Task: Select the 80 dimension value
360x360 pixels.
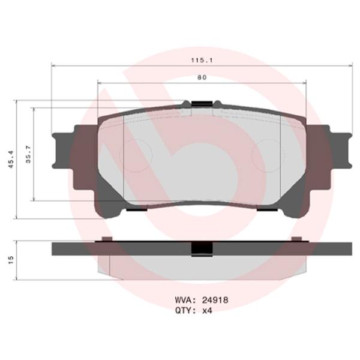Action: tap(202, 77)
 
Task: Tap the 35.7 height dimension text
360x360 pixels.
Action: tap(28, 154)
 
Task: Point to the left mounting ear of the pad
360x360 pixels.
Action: tap(64, 149)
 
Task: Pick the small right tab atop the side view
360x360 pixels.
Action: tap(296, 239)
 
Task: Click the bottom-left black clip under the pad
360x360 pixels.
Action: tap(136, 209)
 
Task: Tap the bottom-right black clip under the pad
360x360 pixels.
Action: tap(268, 209)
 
